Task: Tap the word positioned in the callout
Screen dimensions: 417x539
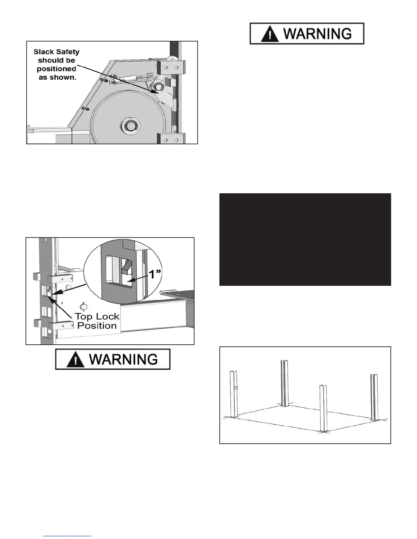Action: [x=57, y=69]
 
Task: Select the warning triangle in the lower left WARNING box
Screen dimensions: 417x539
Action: [x=76, y=360]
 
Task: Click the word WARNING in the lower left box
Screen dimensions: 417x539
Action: [x=123, y=360]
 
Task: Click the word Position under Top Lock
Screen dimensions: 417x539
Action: [x=97, y=326]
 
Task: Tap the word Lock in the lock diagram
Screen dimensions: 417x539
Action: [x=107, y=316]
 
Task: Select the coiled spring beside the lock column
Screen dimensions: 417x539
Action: [x=65, y=268]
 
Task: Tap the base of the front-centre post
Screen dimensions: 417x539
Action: [x=324, y=431]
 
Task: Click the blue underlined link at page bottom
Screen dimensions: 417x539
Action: [x=68, y=536]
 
